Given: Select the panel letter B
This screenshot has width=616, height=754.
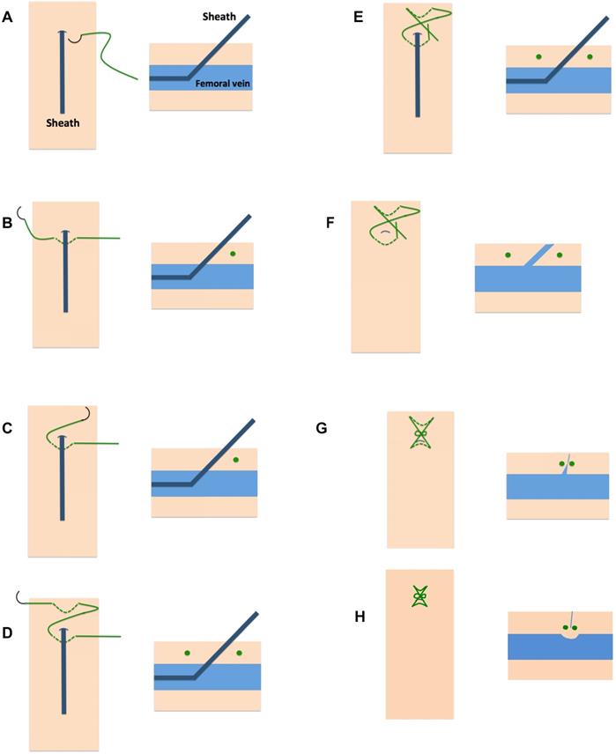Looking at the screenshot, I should [x=8, y=224].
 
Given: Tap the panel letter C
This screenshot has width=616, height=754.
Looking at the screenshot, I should [x=8, y=430].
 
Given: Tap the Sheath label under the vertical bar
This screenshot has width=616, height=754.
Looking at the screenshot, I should [x=63, y=123].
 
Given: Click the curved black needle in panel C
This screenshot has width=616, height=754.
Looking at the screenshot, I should [x=85, y=413].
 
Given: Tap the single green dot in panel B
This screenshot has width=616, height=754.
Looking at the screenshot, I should [x=233, y=255].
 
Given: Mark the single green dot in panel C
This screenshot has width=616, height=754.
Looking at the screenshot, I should [x=235, y=461].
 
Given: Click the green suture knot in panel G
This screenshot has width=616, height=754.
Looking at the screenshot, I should [x=420, y=435].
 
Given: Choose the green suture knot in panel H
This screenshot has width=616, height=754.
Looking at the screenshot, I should [x=419, y=597].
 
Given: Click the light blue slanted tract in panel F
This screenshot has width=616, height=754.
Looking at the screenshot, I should [x=539, y=255].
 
